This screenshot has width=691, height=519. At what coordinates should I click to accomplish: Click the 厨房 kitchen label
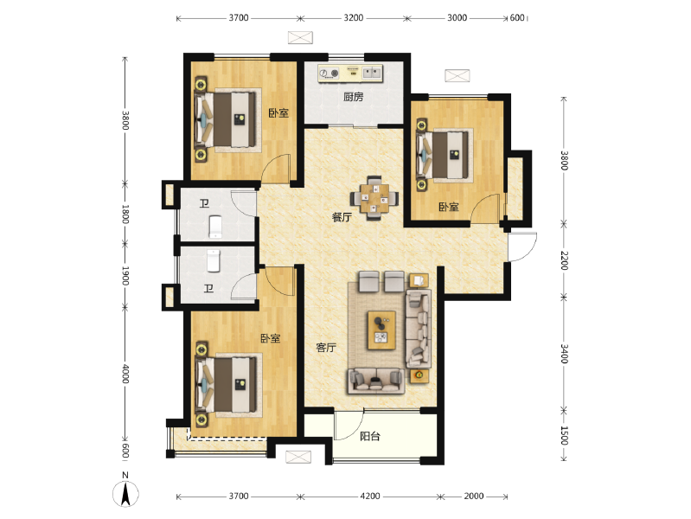pyautogui.click(x=353, y=97)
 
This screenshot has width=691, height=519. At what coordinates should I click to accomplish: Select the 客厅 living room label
pyautogui.click(x=326, y=348)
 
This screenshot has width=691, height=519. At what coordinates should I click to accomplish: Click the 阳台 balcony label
pyautogui.click(x=370, y=437)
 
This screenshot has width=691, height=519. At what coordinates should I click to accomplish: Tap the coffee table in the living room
pyautogui.click(x=380, y=330)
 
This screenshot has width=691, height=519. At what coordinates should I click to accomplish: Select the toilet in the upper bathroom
pyautogui.click(x=215, y=227)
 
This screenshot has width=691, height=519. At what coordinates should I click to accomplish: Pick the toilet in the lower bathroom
pyautogui.click(x=215, y=259)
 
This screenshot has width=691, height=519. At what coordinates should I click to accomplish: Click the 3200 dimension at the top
pyautogui.click(x=353, y=17)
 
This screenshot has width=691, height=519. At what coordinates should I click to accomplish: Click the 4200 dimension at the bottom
pyautogui.click(x=370, y=497)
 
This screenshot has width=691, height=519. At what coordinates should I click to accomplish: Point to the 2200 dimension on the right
pyautogui.click(x=563, y=259)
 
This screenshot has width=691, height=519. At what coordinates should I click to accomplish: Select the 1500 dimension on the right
pyautogui.click(x=563, y=435)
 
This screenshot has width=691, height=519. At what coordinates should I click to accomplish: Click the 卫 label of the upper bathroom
pyautogui.click(x=204, y=204)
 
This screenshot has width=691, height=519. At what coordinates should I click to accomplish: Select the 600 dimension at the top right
pyautogui.click(x=517, y=17)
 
